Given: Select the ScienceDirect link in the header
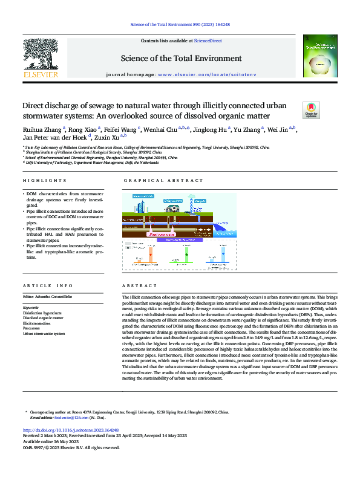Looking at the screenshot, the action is (208, 41).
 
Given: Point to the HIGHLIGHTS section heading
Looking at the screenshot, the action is (44, 181).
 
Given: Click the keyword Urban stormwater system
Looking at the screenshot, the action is (44, 334).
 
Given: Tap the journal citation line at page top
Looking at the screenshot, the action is (180, 24).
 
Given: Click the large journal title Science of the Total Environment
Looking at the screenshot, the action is (180, 58).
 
